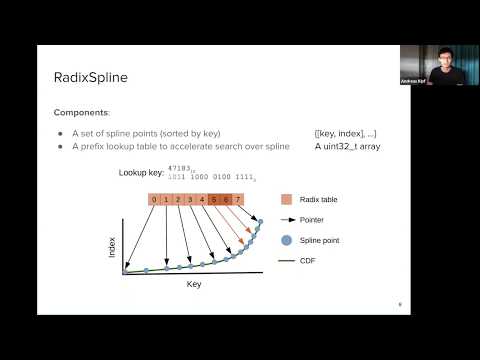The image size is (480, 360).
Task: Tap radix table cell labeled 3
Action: tap(191, 200)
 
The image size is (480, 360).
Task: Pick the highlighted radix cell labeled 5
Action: tap(215, 200)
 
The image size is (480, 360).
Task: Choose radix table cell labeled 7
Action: tap(239, 200)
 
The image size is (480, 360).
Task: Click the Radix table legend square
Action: tap(287, 200)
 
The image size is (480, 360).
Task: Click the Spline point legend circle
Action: tap(287, 240)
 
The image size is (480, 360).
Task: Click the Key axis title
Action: tap(194, 284)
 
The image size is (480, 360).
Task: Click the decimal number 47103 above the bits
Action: tap(181, 169)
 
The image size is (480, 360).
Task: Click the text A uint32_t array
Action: tap(346, 146)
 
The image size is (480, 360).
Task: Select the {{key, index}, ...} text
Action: tap(346, 133)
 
